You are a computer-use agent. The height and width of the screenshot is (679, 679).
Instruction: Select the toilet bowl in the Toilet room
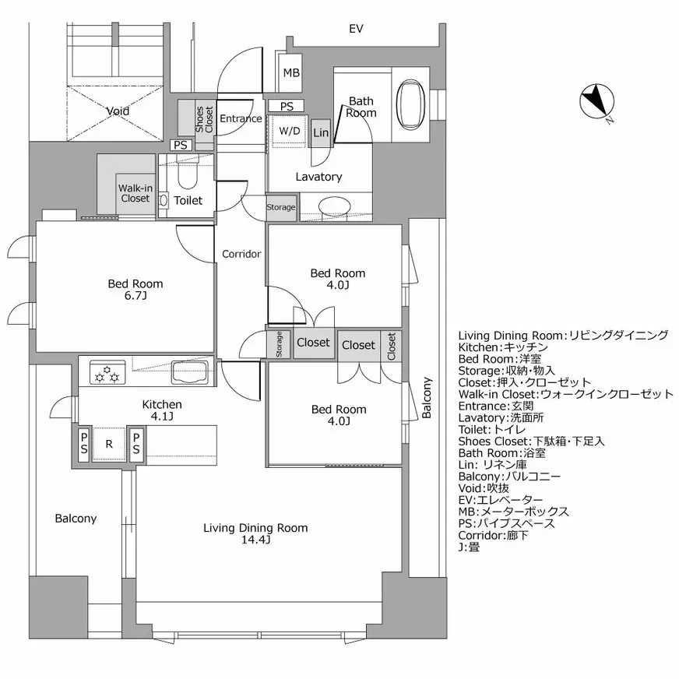pos(186,178)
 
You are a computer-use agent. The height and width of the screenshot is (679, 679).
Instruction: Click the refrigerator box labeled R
pos(110,445)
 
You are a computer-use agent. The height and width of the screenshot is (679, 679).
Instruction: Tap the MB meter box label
pos(291,74)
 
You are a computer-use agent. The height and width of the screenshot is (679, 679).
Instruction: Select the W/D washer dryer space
pos(289,131)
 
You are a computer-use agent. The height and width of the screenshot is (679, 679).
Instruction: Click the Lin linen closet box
pos(321,133)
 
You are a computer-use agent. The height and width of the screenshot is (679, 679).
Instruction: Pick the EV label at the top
pos(356,29)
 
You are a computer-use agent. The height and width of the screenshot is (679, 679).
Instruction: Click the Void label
pos(118,111)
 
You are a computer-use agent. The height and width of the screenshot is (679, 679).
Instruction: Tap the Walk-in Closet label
pos(134,193)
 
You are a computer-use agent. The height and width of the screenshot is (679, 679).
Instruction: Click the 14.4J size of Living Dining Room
pos(255,540)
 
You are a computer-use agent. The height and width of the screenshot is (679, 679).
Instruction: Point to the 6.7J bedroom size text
pos(135,297)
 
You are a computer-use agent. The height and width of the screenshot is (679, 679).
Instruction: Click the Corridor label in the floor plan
pos(241,254)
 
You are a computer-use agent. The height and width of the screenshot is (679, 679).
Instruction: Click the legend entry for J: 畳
pos(470,547)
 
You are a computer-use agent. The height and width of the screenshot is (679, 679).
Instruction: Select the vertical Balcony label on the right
pos(427,399)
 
